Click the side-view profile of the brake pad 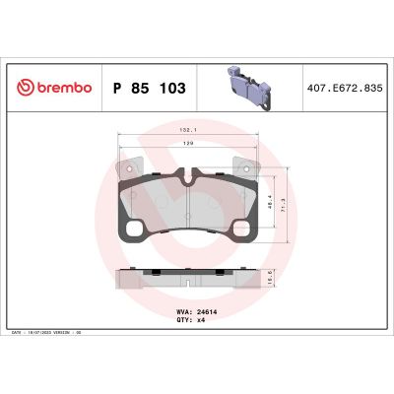tap(185, 279)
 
